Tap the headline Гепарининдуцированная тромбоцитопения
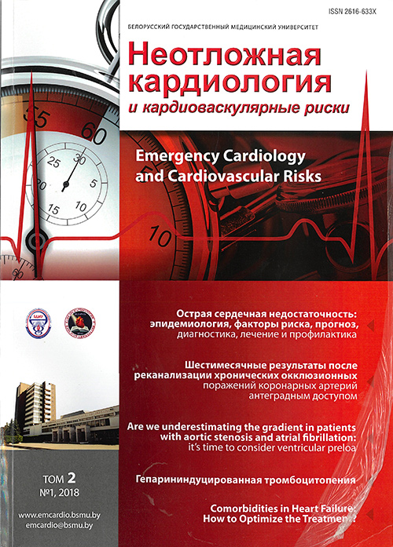click(274, 478)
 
